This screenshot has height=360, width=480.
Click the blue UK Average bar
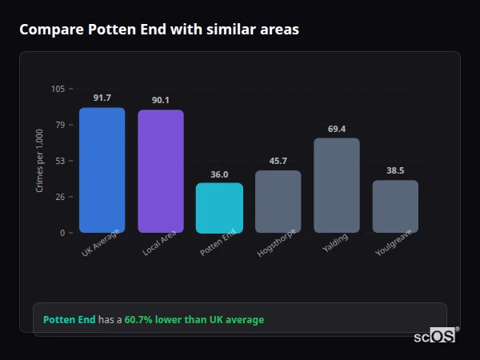102,170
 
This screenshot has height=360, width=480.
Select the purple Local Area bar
161,171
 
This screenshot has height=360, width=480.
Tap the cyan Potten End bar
219,208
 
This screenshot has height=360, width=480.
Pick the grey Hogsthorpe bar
278,202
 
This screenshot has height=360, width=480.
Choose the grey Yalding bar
337,186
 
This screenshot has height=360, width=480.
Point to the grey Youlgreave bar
395,206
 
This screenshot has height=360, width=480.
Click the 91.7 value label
102,98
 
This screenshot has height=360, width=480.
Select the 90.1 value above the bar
161,100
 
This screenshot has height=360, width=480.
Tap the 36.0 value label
219,174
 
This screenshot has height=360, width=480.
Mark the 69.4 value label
337,128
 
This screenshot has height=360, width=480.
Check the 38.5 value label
395,170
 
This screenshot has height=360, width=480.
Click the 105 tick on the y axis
58,89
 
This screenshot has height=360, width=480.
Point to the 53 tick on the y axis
60,161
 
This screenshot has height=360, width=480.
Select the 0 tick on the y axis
62,233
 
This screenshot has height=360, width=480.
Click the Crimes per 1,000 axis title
40,161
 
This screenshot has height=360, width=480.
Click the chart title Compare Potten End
158,30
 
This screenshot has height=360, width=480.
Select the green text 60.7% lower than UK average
194,320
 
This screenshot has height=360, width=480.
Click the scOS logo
435,337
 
